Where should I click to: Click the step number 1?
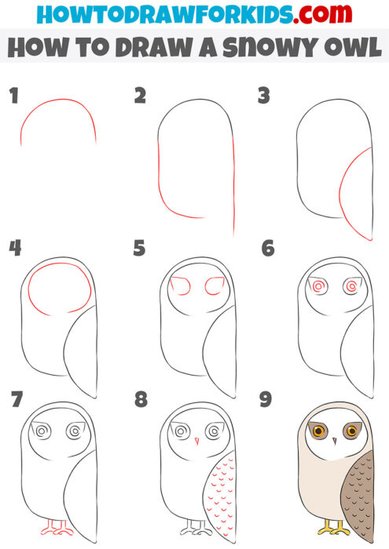(13, 96)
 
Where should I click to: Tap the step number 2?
(141, 96)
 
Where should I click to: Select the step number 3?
(265, 96)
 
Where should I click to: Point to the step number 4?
(15, 249)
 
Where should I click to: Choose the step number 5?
(141, 249)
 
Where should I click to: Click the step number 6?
(267, 249)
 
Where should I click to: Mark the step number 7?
(15, 400)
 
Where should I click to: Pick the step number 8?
(141, 400)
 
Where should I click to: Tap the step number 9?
(266, 400)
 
